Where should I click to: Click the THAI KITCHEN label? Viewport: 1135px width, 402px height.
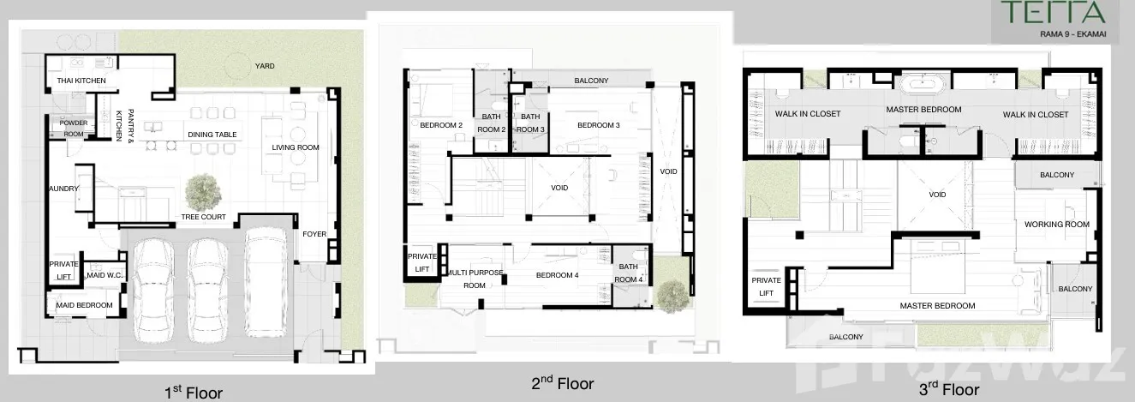click(x=81, y=81)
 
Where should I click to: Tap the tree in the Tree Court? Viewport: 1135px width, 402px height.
click(x=203, y=192)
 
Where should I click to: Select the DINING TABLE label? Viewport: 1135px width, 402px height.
click(x=212, y=135)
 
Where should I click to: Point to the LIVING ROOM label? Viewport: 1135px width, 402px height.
click(x=296, y=147)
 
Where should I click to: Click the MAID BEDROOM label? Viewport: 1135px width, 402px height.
click(x=84, y=305)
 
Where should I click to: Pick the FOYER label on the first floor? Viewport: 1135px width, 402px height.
click(x=314, y=234)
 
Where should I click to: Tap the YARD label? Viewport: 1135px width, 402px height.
click(x=265, y=66)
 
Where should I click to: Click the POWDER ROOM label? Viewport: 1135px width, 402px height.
click(x=74, y=129)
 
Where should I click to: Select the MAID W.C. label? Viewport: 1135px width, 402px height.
click(x=105, y=275)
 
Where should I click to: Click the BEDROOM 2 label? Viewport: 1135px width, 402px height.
click(x=441, y=125)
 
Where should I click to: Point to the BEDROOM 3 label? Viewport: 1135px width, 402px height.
click(x=599, y=125)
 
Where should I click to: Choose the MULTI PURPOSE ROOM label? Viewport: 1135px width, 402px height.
click(x=475, y=279)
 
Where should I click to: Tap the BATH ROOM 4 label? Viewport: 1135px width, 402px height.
click(x=628, y=273)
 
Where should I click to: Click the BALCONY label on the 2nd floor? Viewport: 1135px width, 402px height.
click(x=591, y=81)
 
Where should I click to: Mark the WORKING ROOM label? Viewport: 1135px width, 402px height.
click(x=1056, y=224)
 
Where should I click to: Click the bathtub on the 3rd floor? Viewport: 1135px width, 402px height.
click(x=923, y=83)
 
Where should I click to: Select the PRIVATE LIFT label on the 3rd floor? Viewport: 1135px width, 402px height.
click(x=766, y=286)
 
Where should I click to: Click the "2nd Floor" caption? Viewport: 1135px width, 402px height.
click(x=563, y=383)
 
